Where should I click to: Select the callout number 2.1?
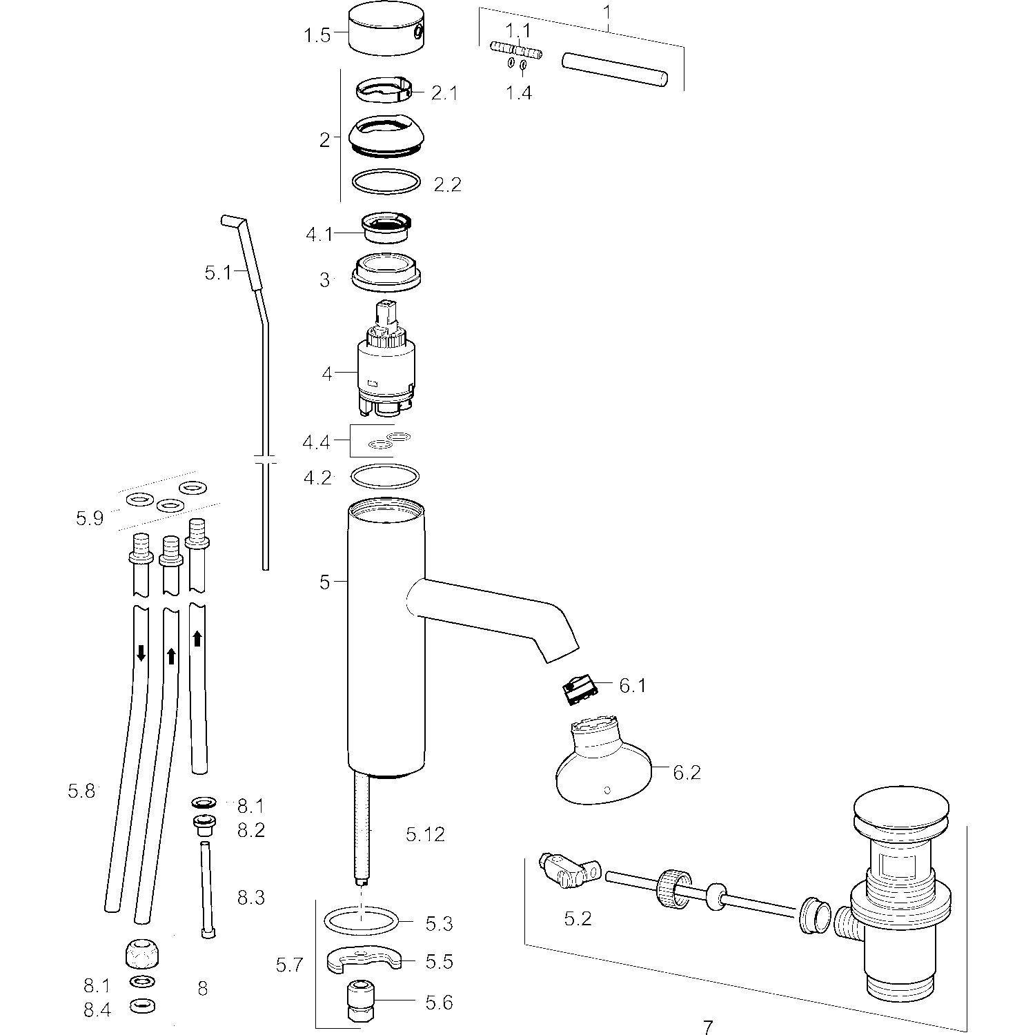444,92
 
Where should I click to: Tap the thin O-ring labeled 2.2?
386,183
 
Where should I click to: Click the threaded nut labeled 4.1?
386,228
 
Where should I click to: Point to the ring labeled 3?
386,273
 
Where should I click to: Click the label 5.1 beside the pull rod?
217,273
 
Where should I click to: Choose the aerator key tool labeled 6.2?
602,762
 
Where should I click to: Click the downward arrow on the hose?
141,653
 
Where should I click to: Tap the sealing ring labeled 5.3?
361,920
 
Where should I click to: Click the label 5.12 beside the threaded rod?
425,835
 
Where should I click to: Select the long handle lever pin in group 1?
615,70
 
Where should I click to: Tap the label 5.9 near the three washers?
90,518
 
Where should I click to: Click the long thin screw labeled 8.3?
206,889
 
